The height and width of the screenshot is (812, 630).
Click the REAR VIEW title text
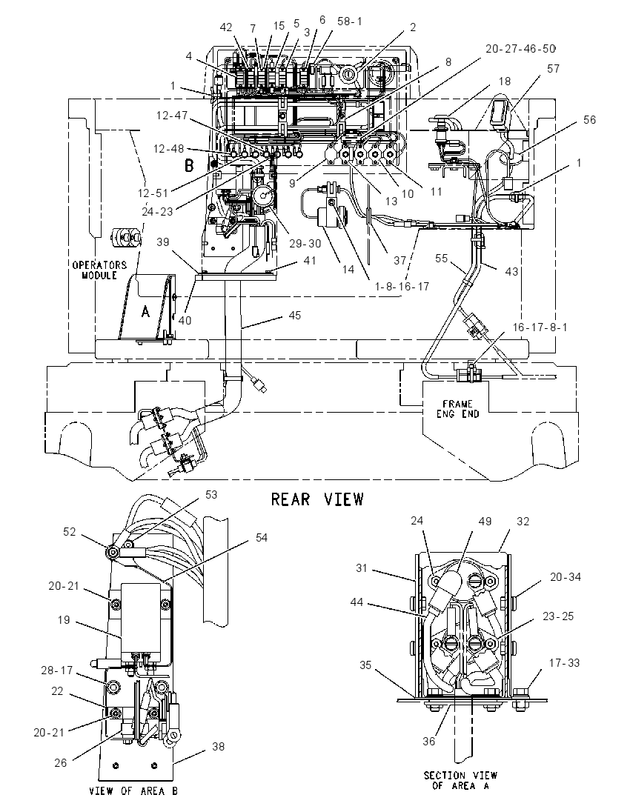tap(317, 499)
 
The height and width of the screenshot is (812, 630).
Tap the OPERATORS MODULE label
tap(99, 270)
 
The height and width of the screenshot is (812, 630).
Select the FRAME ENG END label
tap(457, 408)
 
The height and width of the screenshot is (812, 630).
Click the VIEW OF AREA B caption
tap(133, 791)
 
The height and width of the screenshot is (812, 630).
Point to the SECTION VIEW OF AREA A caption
tap(460, 780)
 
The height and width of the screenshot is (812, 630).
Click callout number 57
tap(554, 69)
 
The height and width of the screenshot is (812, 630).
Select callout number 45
tap(294, 316)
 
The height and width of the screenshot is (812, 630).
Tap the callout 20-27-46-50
tap(521, 49)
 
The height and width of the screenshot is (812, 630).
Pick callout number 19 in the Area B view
tap(63, 620)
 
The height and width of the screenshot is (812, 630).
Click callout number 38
tap(218, 747)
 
